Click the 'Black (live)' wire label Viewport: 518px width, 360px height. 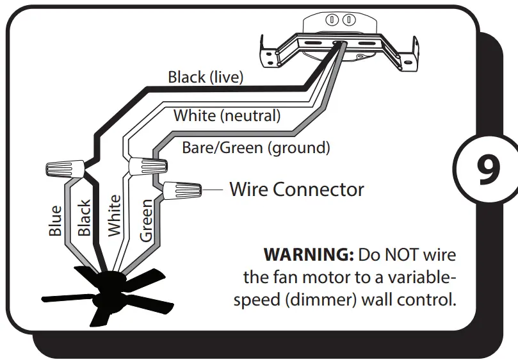click(x=206, y=78)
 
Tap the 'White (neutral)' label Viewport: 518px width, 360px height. click(x=227, y=116)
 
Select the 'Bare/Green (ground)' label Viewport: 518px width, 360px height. click(x=256, y=148)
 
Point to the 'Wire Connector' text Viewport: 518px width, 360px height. click(x=296, y=189)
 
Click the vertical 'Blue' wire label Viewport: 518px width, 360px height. click(x=56, y=220)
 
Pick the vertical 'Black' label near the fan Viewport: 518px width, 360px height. click(x=84, y=218)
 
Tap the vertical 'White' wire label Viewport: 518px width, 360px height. click(x=115, y=216)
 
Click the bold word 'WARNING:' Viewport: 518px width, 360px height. click(x=309, y=255)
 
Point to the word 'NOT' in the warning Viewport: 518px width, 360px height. click(x=404, y=255)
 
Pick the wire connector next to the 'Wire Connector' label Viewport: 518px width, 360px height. click(x=182, y=190)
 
